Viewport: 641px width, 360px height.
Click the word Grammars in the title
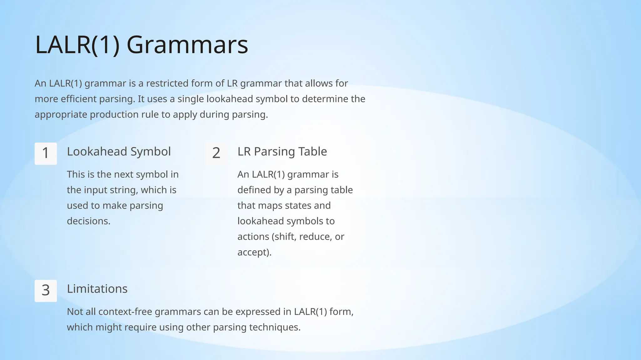pyautogui.click(x=187, y=45)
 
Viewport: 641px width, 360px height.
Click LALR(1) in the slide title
pyautogui.click(x=77, y=45)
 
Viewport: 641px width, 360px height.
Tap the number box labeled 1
pyautogui.click(x=46, y=153)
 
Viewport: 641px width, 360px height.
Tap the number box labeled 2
pyautogui.click(x=216, y=153)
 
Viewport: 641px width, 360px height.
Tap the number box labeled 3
pyautogui.click(x=46, y=291)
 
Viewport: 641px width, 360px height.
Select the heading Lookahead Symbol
pyautogui.click(x=119, y=152)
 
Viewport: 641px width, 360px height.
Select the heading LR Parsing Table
pyautogui.click(x=282, y=152)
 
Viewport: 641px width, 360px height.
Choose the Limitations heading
pyautogui.click(x=97, y=289)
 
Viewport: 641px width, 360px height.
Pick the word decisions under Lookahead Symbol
pyautogui.click(x=89, y=221)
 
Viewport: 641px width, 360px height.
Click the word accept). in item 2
pyautogui.click(x=254, y=252)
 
